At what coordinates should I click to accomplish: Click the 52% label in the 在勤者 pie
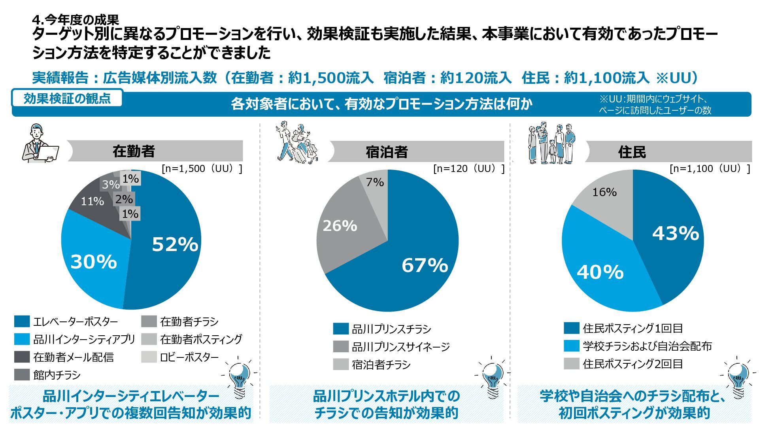click(175, 244)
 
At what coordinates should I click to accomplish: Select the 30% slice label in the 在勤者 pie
click(94, 262)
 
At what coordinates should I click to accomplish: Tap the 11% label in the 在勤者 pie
click(92, 201)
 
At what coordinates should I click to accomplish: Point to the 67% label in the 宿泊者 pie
click(425, 265)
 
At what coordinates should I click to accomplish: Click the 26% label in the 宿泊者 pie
click(340, 226)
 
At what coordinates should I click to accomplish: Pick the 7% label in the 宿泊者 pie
click(375, 182)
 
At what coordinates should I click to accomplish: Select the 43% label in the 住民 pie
click(675, 233)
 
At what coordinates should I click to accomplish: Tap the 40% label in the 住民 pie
click(600, 272)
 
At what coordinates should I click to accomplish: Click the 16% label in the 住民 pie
click(604, 192)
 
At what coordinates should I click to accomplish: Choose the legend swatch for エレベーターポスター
click(22, 321)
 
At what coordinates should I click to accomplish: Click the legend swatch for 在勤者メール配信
click(22, 357)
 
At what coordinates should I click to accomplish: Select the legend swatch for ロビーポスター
click(149, 357)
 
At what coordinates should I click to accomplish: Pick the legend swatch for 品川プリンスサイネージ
click(341, 347)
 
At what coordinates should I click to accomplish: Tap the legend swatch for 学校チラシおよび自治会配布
click(572, 346)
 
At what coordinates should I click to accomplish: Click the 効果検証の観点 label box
click(67, 98)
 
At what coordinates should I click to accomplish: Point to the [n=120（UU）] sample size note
click(469, 169)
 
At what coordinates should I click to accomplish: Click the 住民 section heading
click(632, 152)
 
